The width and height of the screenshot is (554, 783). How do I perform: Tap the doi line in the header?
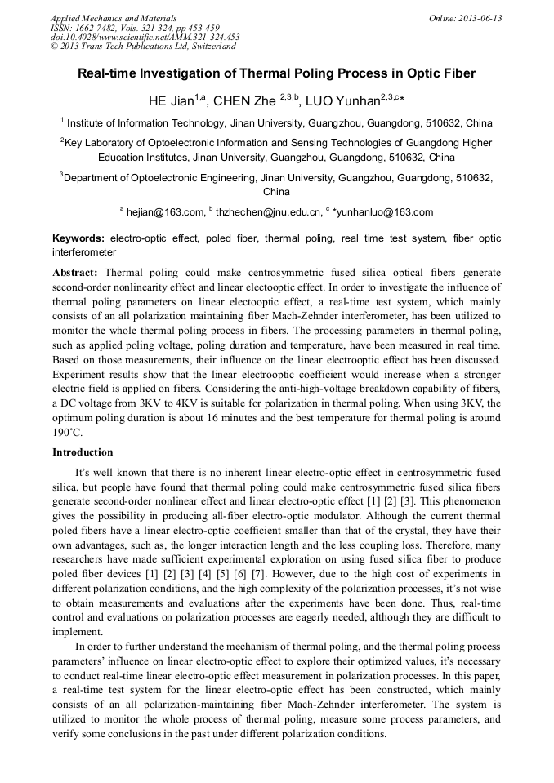point(145,37)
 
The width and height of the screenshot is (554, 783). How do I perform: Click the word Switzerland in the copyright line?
point(208,47)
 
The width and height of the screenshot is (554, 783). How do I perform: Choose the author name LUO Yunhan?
point(343,102)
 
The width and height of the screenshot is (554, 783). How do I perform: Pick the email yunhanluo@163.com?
point(385,212)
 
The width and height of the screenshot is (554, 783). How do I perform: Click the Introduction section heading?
point(83,452)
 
